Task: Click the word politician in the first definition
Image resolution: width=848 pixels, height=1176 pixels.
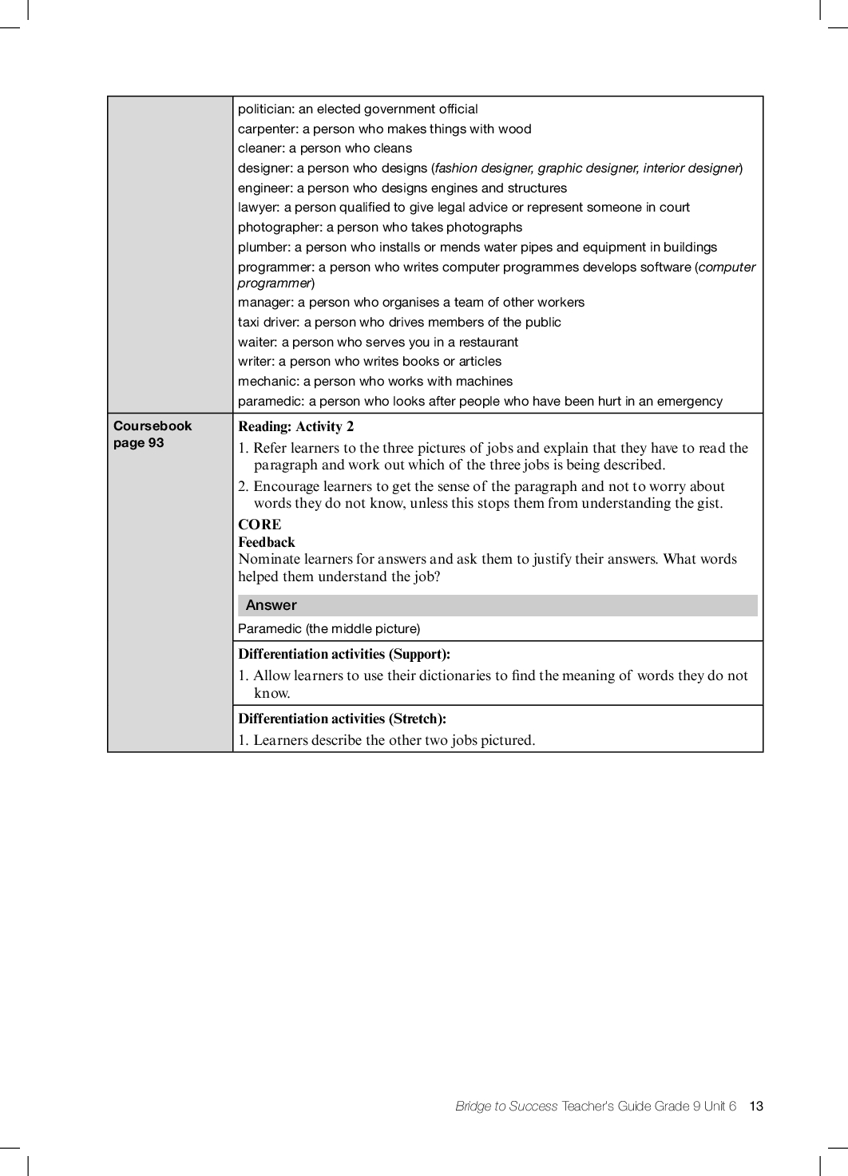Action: coord(265,109)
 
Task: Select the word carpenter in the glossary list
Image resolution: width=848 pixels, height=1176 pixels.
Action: coord(267,129)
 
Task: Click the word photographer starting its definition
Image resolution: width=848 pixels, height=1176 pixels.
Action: coord(279,228)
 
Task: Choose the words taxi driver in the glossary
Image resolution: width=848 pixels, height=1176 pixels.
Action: coord(267,323)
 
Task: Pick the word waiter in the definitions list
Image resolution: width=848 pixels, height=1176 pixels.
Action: coord(256,343)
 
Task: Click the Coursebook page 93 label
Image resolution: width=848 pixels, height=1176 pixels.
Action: coord(153,434)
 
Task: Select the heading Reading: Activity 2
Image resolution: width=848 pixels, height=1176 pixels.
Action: coord(295,426)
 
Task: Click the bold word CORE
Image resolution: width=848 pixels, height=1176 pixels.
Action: coord(260,525)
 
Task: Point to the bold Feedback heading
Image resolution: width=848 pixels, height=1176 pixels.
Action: coord(266,542)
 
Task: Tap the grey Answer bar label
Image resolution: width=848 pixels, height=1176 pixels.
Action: coord(271,605)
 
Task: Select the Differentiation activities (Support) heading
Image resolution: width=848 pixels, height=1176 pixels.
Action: coord(344,654)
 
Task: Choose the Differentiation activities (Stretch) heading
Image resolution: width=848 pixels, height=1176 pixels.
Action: coord(342,719)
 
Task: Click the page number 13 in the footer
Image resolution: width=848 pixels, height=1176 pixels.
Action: coord(756,1106)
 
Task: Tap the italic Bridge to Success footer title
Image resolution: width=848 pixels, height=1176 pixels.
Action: coord(506,1106)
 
